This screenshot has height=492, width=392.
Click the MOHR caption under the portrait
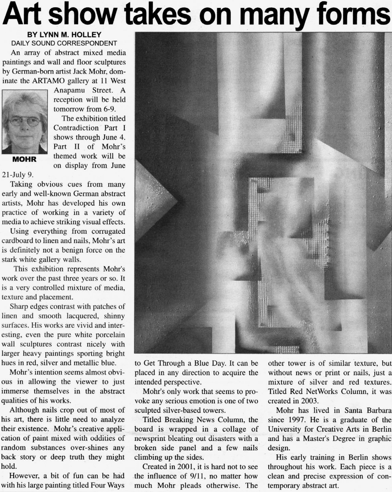pyautogui.click(x=24, y=159)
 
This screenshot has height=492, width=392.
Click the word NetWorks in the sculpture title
pyautogui.click(x=314, y=391)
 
